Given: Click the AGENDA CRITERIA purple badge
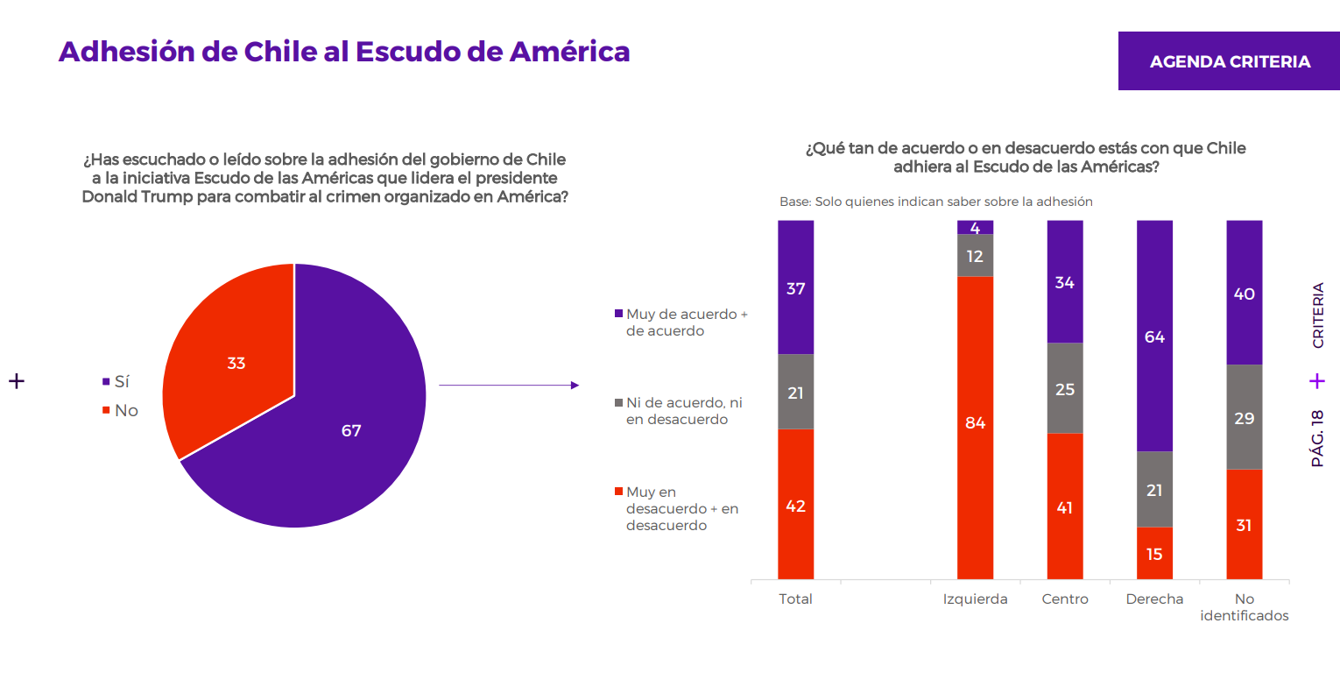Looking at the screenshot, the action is click(x=1229, y=61).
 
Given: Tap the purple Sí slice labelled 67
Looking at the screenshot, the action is click(x=335, y=431).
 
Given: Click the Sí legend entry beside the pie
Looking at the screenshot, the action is click(x=116, y=381).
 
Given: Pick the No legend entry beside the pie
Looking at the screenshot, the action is click(x=120, y=411).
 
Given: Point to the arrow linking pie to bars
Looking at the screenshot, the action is click(x=509, y=385).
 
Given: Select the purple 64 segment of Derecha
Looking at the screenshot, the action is click(x=1154, y=336).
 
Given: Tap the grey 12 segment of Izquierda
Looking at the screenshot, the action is click(x=975, y=256).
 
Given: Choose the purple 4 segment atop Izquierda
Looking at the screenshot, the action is click(x=975, y=228).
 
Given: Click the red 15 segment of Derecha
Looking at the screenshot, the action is click(x=1154, y=553).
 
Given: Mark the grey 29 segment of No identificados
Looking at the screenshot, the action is click(x=1245, y=417).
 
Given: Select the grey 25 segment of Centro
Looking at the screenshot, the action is click(x=1065, y=388).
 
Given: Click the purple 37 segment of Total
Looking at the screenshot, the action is click(x=795, y=287).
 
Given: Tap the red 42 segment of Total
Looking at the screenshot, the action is click(x=795, y=504).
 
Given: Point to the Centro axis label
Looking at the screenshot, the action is click(x=1065, y=599).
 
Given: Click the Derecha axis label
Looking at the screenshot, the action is click(x=1154, y=599).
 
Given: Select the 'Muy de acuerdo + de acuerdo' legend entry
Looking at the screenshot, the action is click(x=681, y=322).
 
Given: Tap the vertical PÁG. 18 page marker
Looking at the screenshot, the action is click(x=1317, y=438).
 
